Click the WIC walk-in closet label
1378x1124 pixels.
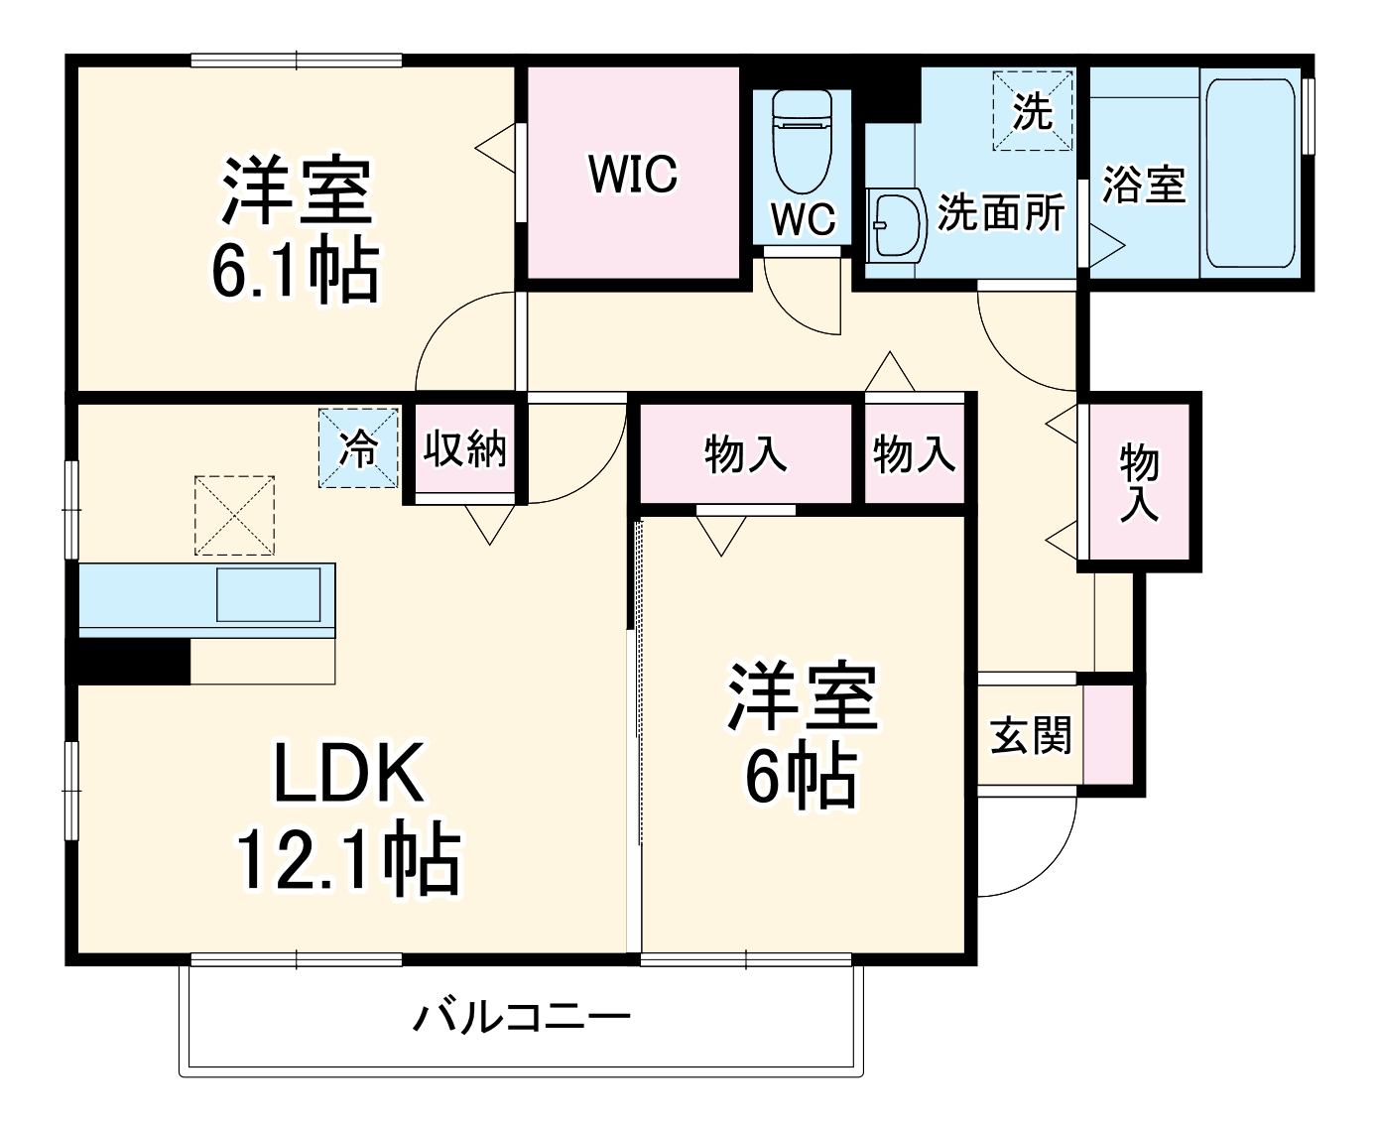(633, 174)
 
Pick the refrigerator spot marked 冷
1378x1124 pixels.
(358, 448)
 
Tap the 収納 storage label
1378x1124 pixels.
(465, 448)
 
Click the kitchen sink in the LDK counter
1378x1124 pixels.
(269, 594)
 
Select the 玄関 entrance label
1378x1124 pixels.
(1031, 735)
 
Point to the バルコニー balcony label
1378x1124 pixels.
(522, 1018)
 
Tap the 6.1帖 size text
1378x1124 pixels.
(295, 270)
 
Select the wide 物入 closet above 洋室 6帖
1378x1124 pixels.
(746, 453)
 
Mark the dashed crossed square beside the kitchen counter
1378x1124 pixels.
(234, 514)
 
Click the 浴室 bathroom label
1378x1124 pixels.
(1144, 185)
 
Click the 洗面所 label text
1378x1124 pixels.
(1001, 210)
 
